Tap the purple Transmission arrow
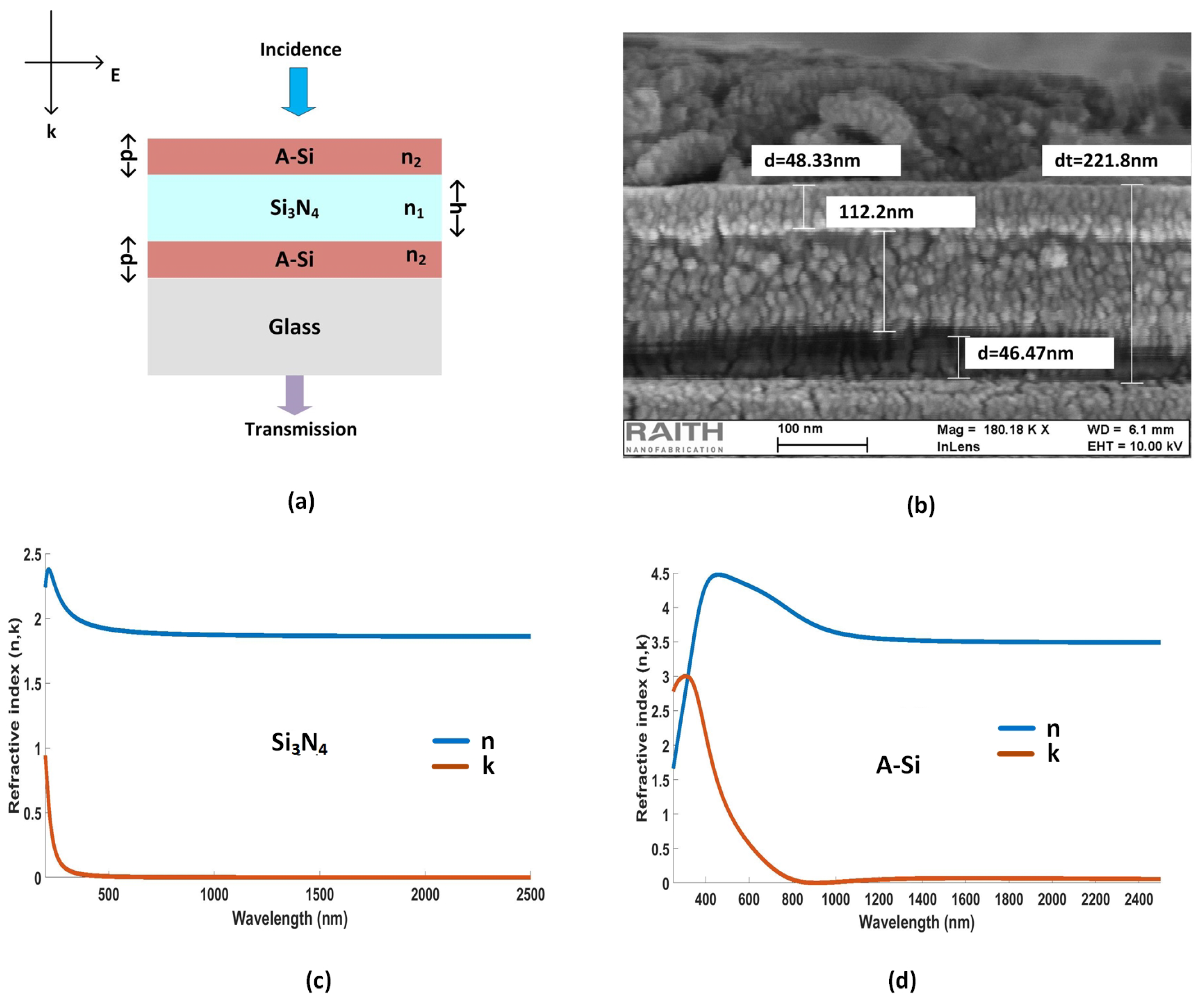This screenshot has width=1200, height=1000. pyautogui.click(x=295, y=395)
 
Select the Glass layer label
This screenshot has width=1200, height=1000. pyautogui.click(x=294, y=327)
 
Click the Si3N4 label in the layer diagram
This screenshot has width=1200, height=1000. pyautogui.click(x=294, y=209)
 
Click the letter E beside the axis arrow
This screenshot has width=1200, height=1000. pyautogui.click(x=115, y=76)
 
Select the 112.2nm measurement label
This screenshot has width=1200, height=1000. pyautogui.click(x=900, y=212)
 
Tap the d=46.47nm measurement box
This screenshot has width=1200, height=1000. pyautogui.click(x=1038, y=353)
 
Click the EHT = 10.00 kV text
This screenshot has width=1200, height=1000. pyautogui.click(x=1134, y=446)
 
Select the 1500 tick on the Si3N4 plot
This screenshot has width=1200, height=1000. pyautogui.click(x=319, y=894)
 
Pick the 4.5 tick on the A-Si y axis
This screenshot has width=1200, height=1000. pyautogui.click(x=660, y=574)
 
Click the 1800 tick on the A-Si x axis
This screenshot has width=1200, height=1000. pyautogui.click(x=1009, y=900)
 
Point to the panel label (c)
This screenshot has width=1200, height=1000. pyautogui.click(x=318, y=980)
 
